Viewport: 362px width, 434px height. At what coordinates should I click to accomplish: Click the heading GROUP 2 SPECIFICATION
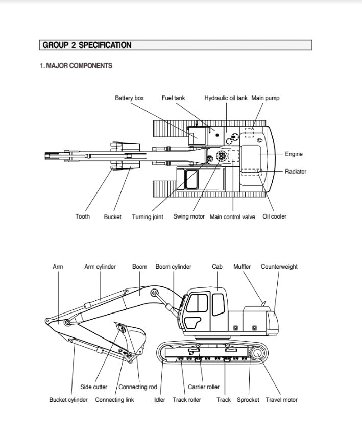click(x=87, y=45)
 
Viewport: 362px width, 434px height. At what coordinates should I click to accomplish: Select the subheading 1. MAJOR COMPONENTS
click(x=76, y=66)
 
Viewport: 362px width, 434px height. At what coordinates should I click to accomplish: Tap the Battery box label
click(x=129, y=98)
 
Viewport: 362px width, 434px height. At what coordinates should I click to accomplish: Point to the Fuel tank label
click(x=173, y=98)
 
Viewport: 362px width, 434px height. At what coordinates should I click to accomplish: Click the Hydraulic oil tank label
click(x=226, y=98)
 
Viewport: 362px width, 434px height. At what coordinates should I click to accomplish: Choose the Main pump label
click(x=266, y=98)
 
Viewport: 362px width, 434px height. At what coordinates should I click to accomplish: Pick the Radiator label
click(x=296, y=172)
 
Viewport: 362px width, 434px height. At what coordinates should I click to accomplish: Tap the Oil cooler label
click(x=274, y=216)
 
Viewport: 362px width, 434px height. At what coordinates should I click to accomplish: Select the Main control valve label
click(x=232, y=217)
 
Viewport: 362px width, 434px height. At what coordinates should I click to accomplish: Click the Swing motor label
click(x=189, y=216)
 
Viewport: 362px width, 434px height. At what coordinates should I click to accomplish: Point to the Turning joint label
click(x=148, y=217)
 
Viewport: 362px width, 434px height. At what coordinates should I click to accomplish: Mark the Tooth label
click(x=82, y=216)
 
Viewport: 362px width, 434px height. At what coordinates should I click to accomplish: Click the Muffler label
click(x=242, y=267)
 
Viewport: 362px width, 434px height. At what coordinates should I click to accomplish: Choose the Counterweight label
click(x=279, y=267)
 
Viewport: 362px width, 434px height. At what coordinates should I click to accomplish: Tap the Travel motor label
click(x=281, y=400)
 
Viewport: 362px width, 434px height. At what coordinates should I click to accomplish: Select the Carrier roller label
click(x=203, y=387)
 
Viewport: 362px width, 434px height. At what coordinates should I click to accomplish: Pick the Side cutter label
click(x=94, y=387)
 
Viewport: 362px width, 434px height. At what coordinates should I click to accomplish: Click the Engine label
click(x=294, y=154)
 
